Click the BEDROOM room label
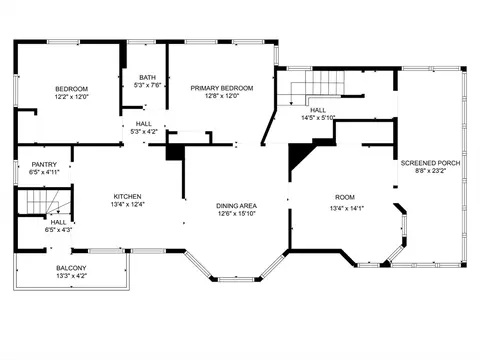(x=72, y=89)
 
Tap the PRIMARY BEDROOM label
(x=222, y=88)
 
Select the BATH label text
(x=147, y=77)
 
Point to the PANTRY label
(x=44, y=164)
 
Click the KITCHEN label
(x=127, y=197)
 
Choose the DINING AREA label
(x=236, y=206)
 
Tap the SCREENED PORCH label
(x=430, y=163)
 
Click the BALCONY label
(x=71, y=268)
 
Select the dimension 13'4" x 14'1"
(x=347, y=209)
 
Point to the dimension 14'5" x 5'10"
(x=318, y=118)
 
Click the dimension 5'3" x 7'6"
(x=147, y=85)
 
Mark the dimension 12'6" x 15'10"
(x=236, y=214)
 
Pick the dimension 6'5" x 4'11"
(x=44, y=172)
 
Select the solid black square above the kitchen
(x=175, y=152)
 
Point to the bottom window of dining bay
(x=236, y=279)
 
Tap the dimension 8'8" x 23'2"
(x=430, y=171)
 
